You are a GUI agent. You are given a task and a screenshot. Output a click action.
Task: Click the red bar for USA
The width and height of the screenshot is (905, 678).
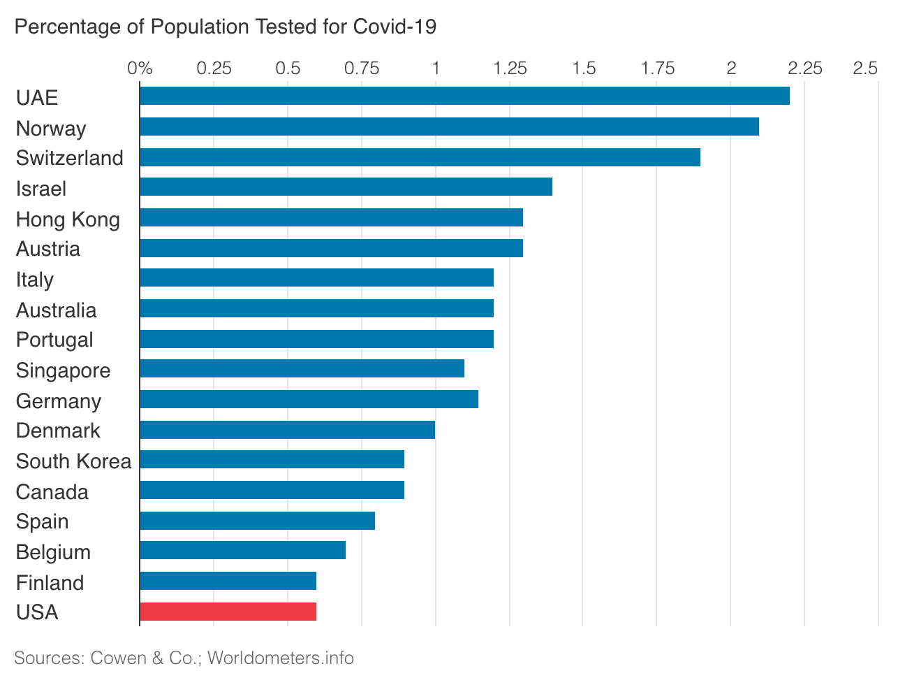click(x=228, y=612)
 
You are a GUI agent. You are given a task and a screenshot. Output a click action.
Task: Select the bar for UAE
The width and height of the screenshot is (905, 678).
click(x=464, y=96)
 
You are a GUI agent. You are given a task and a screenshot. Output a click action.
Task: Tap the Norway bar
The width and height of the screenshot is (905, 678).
click(x=449, y=127)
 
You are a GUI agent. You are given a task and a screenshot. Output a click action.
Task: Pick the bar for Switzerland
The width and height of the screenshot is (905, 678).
click(x=420, y=157)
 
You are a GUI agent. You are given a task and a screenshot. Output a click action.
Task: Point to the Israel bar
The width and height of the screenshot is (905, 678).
click(x=346, y=187)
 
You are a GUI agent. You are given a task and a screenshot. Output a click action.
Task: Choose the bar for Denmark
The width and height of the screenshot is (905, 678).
click(x=287, y=430)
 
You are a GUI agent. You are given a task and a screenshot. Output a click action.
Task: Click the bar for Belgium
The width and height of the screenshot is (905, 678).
click(x=242, y=550)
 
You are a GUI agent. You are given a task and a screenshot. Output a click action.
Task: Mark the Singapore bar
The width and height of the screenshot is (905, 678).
click(x=302, y=368)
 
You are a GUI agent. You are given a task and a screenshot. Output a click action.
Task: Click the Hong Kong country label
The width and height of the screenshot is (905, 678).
click(x=68, y=219)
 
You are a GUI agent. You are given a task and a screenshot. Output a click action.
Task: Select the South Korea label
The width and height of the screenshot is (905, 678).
click(x=73, y=461)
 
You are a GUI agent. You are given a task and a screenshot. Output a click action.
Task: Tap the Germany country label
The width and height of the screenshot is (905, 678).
click(x=59, y=401)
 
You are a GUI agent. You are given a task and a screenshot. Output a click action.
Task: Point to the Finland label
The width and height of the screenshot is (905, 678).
click(x=50, y=583)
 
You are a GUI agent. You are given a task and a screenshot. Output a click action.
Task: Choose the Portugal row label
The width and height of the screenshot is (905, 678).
click(x=54, y=340)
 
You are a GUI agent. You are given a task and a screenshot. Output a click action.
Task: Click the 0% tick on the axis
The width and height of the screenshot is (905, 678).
click(x=140, y=68)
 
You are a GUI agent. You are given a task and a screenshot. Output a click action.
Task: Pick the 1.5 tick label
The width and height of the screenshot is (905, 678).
click(x=584, y=68)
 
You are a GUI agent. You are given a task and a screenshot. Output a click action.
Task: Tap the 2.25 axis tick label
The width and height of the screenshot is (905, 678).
click(x=805, y=68)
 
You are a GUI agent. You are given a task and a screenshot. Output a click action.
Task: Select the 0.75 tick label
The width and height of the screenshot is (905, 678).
click(x=362, y=68)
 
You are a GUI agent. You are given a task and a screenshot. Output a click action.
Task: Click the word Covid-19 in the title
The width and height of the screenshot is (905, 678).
click(x=395, y=27)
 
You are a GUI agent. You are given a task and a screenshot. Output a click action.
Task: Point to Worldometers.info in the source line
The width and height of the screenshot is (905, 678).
click(x=281, y=658)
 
